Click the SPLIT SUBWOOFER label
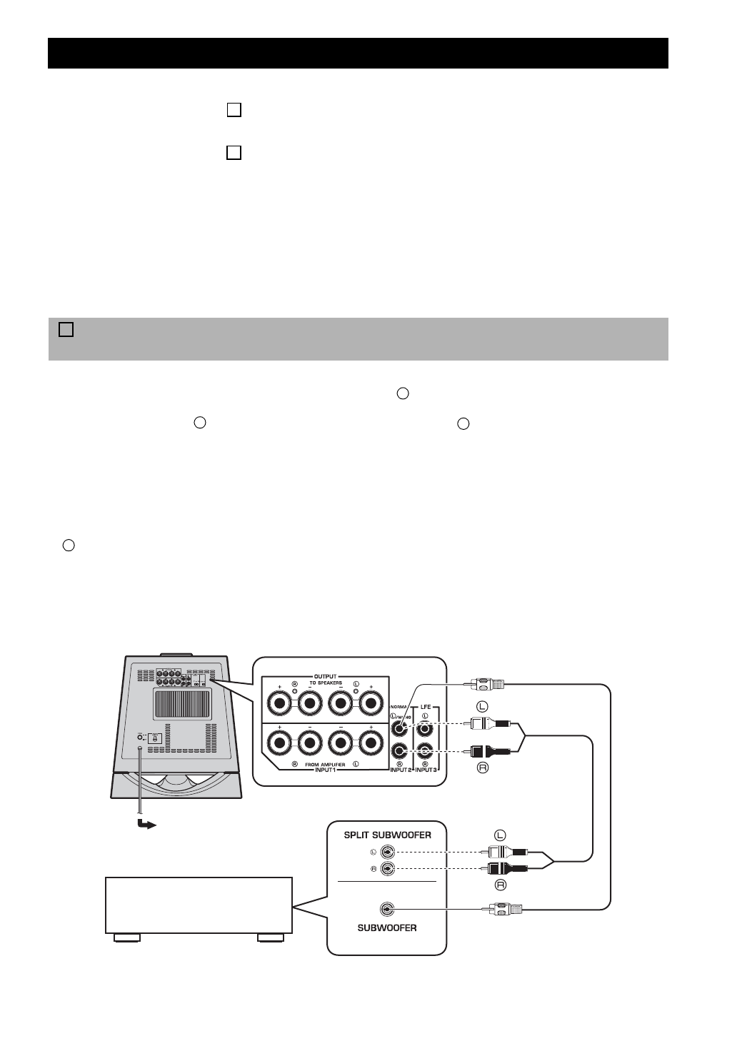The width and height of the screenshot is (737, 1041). tap(387, 835)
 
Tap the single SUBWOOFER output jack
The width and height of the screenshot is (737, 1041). tap(387, 909)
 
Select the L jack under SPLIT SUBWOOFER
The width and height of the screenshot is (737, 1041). tap(387, 851)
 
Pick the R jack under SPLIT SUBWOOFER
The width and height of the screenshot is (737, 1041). tap(387, 868)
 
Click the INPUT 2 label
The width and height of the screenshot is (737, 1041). tap(400, 770)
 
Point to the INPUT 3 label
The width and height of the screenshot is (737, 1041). tap(427, 770)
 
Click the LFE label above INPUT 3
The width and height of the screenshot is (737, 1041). tap(426, 707)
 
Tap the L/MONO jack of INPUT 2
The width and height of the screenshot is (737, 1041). tap(400, 729)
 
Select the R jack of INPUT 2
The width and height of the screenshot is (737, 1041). tap(400, 751)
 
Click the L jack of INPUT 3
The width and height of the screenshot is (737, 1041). tap(426, 729)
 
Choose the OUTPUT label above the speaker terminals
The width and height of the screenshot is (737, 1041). tap(326, 675)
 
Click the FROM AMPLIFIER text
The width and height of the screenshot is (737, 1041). tap(325, 765)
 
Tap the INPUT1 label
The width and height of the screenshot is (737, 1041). tap(325, 770)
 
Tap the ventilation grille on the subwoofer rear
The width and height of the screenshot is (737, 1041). tap(182, 704)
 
